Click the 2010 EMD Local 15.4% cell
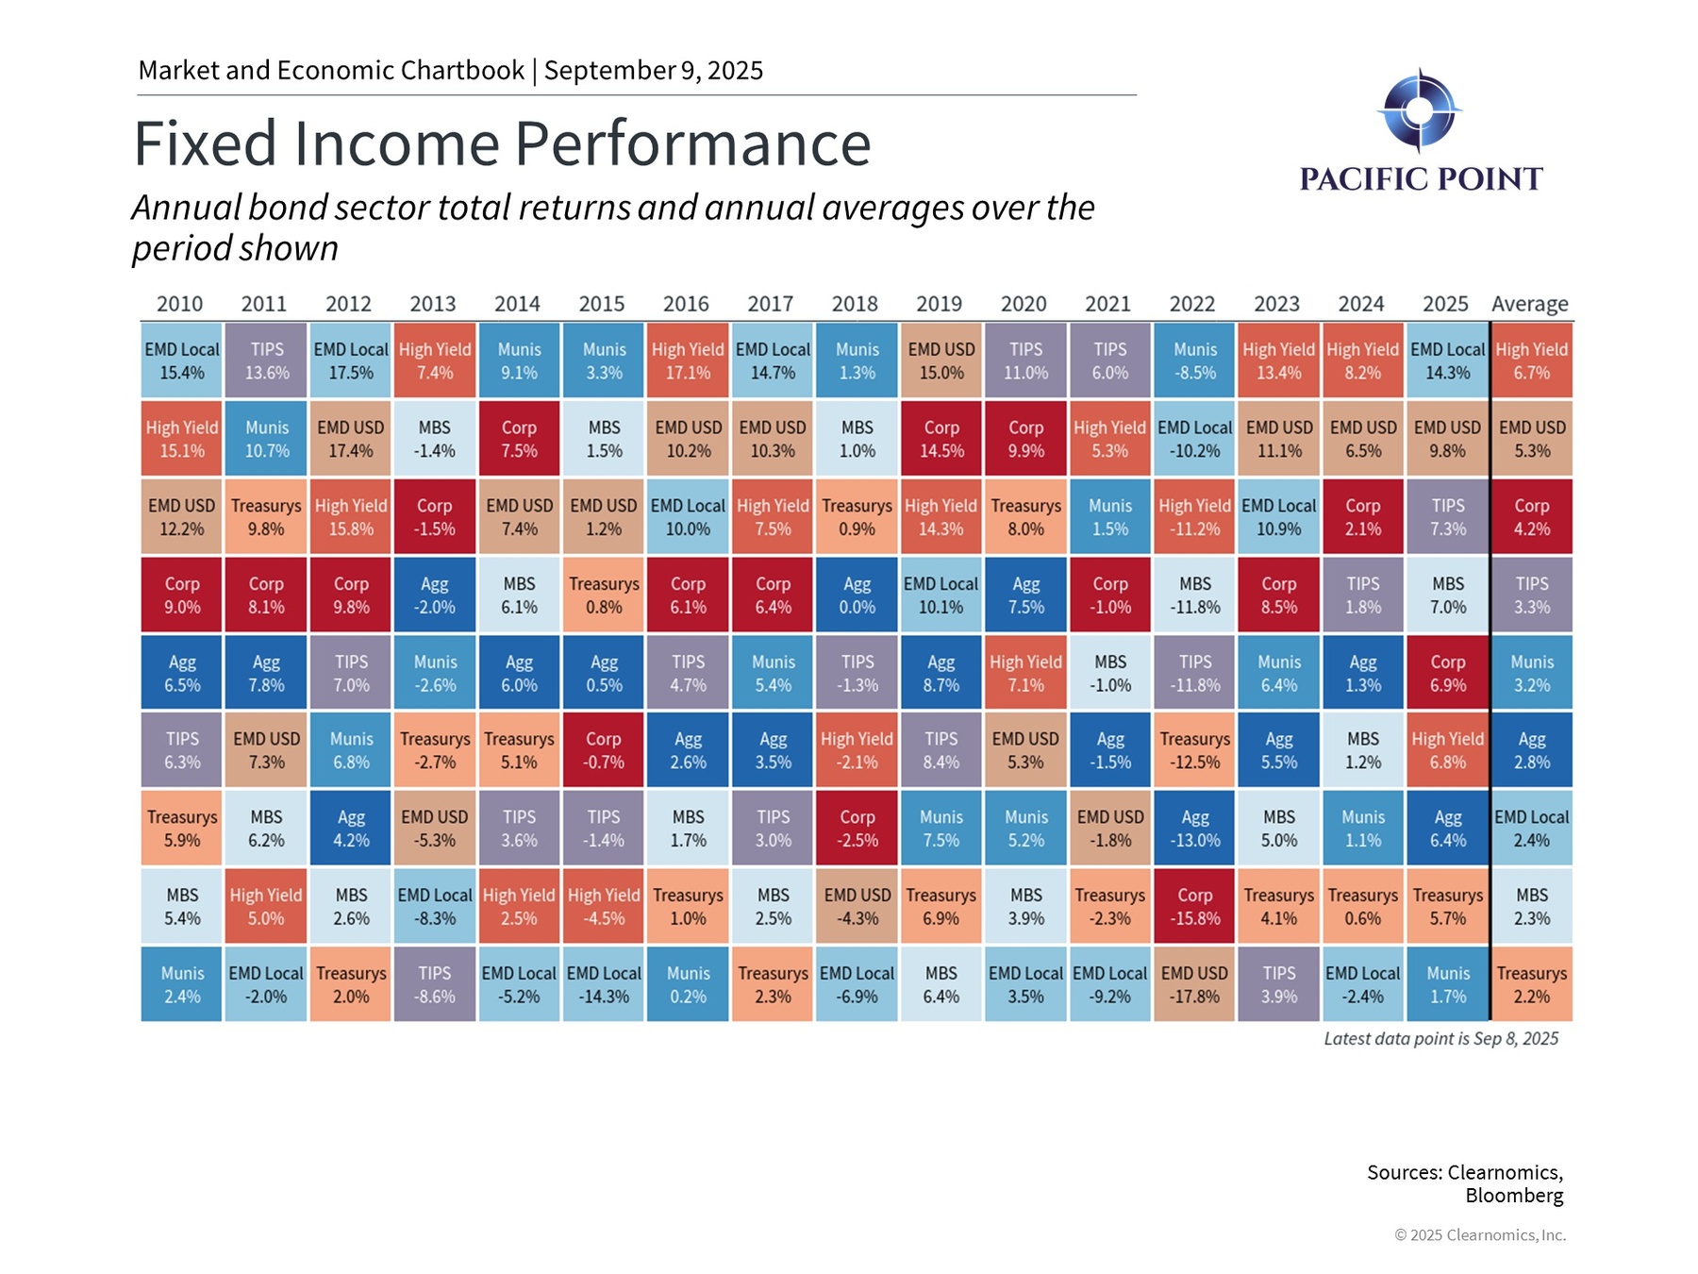click(181, 360)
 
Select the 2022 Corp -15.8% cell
click(1194, 906)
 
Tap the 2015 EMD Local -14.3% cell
click(604, 984)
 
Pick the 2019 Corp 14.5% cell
click(941, 439)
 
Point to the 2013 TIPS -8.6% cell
click(434, 984)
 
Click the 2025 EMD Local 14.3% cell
click(1447, 360)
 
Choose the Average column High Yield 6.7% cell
click(1532, 360)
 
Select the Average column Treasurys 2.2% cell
click(1532, 984)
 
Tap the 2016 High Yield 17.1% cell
click(688, 360)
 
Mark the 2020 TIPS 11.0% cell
click(1025, 360)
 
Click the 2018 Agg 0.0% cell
click(857, 595)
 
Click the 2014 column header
click(517, 304)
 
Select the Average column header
click(1529, 304)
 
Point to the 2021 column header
click(1107, 304)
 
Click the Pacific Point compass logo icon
click(1419, 110)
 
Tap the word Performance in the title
click(692, 143)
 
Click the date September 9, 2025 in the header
click(653, 71)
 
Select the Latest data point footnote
click(1440, 1039)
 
